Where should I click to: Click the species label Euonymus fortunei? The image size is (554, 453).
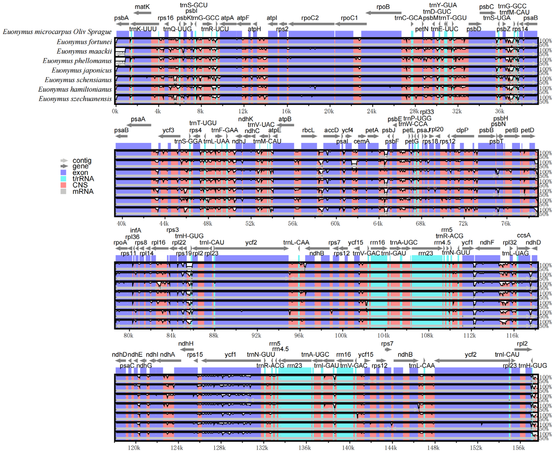coord(84,42)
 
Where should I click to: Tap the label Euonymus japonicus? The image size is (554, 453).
coord(81,70)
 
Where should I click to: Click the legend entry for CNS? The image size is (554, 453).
coord(80,185)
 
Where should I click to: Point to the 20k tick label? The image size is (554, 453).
coord(329,111)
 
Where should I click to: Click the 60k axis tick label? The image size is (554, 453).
coord(335,224)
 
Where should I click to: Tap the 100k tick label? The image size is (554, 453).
coord(341,336)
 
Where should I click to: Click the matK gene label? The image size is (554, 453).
coord(142,7)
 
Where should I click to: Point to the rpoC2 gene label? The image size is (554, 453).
coord(310,18)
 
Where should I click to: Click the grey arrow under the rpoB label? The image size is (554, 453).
coord(383,13)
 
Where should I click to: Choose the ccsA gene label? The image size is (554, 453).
coord(524,235)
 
